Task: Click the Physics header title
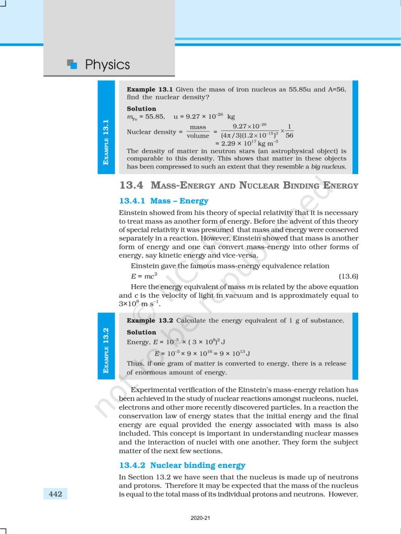click(107, 65)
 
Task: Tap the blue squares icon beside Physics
click(72, 64)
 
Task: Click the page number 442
click(55, 494)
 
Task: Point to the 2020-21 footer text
click(200, 518)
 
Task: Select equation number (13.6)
click(348, 276)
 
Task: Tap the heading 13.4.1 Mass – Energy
click(164, 201)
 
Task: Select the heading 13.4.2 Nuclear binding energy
click(182, 465)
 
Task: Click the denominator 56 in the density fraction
click(289, 136)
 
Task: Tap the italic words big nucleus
click(326, 167)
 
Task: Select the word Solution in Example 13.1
click(141, 108)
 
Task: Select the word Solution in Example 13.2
click(141, 332)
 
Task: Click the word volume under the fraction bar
click(198, 136)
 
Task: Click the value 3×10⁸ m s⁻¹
click(140, 304)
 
